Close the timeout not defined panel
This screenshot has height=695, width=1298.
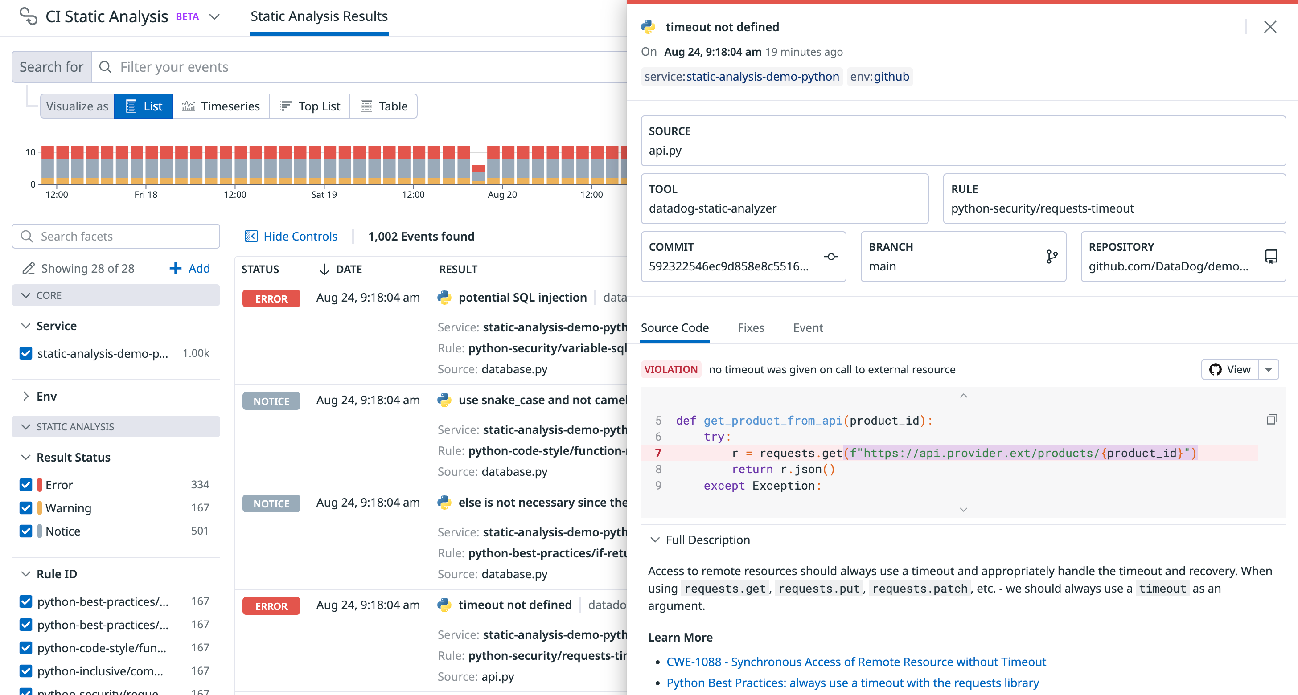[1269, 27]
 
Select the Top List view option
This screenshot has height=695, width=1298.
[310, 106]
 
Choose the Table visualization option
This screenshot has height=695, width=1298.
[383, 106]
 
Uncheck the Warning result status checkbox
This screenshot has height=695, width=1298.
[26, 507]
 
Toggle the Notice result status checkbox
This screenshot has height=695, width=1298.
[26, 531]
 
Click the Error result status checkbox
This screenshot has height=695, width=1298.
[26, 484]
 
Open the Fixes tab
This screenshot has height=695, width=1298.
[751, 328]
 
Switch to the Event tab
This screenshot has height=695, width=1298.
[808, 328]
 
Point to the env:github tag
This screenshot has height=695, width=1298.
[879, 77]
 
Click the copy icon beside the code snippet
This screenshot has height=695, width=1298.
[1271, 420]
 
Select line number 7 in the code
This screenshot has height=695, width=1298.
[658, 453]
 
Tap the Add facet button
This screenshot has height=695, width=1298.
[189, 269]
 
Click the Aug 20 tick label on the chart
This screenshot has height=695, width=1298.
[502, 194]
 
